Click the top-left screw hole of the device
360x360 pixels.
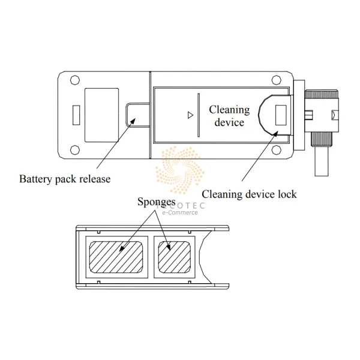point(74,80)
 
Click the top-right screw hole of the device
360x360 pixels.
point(275,80)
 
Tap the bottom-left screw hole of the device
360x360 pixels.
point(74,149)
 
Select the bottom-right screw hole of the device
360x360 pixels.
point(275,149)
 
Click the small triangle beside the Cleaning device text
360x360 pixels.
point(190,115)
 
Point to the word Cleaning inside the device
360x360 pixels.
point(229,110)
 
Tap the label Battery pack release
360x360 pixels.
point(65,179)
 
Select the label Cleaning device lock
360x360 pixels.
point(249,194)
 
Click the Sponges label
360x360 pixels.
point(155,202)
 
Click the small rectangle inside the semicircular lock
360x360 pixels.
point(280,115)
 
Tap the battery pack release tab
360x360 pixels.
point(137,114)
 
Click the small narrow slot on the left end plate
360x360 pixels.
point(76,115)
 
